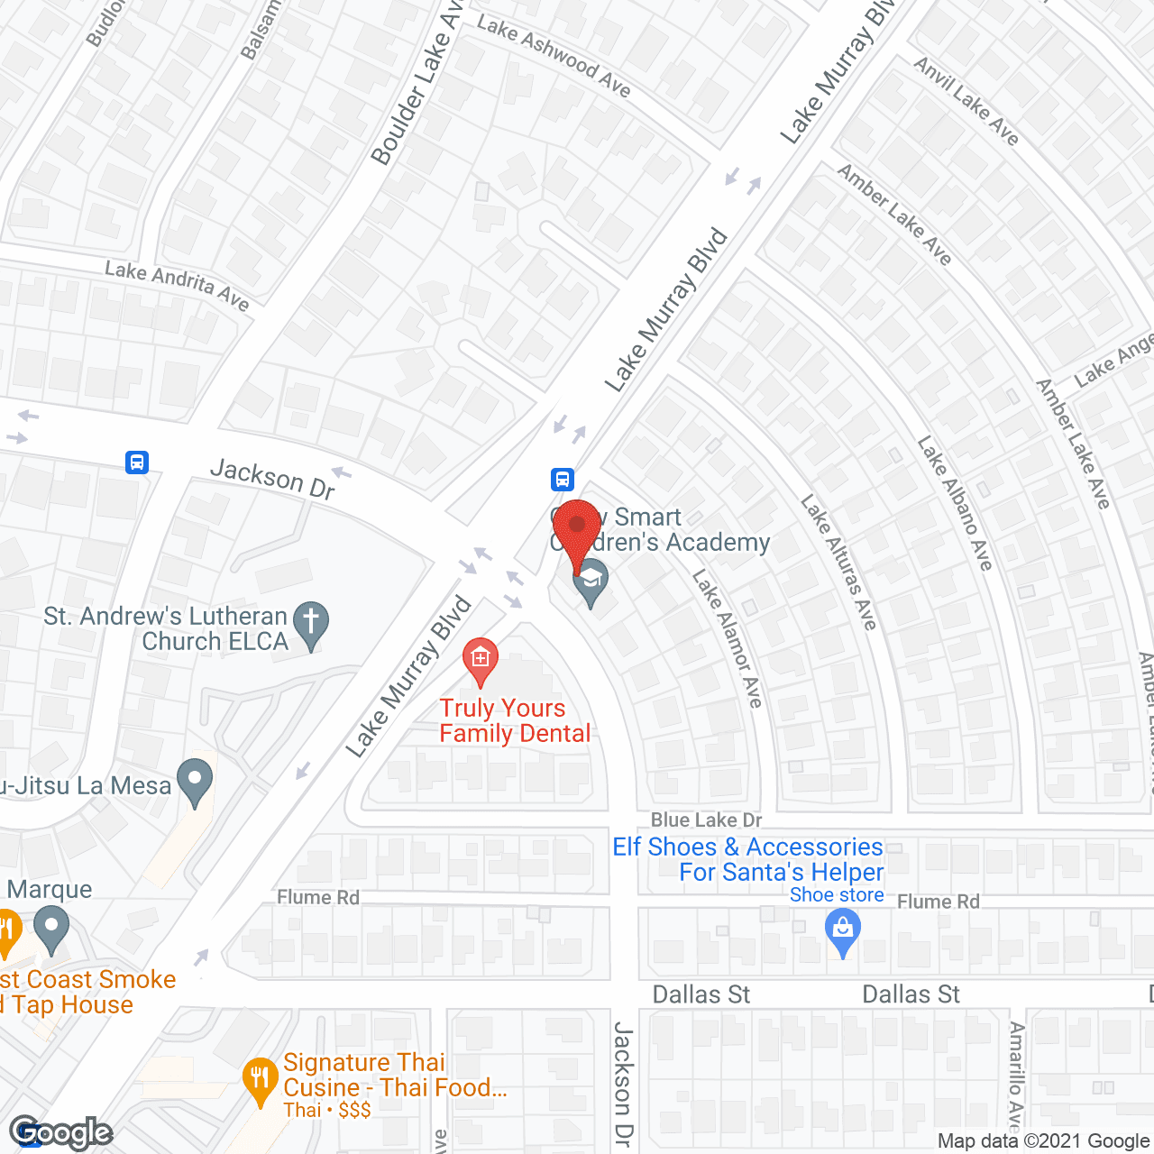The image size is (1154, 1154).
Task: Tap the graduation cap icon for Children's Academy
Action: pyautogui.click(x=591, y=580)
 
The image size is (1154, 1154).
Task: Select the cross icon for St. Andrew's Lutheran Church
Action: pyautogui.click(x=311, y=623)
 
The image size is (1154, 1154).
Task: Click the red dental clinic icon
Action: pyautogui.click(x=481, y=659)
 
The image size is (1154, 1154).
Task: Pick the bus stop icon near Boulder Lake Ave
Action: pyautogui.click(x=136, y=463)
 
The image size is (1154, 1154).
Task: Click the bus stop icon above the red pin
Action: pyautogui.click(x=563, y=479)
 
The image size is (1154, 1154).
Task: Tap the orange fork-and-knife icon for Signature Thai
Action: pyautogui.click(x=260, y=1079)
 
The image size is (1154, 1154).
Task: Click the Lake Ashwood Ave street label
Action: pyautogui.click(x=554, y=56)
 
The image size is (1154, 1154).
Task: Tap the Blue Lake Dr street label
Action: pyautogui.click(x=706, y=820)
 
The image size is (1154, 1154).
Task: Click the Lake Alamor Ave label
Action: pyautogui.click(x=728, y=638)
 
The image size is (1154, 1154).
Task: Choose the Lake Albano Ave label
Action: pyautogui.click(x=955, y=502)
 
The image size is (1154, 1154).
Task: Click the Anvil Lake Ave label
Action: pyautogui.click(x=966, y=101)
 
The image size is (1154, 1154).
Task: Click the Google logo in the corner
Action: pyautogui.click(x=60, y=1131)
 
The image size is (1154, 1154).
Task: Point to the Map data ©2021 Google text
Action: pyautogui.click(x=1043, y=1141)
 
